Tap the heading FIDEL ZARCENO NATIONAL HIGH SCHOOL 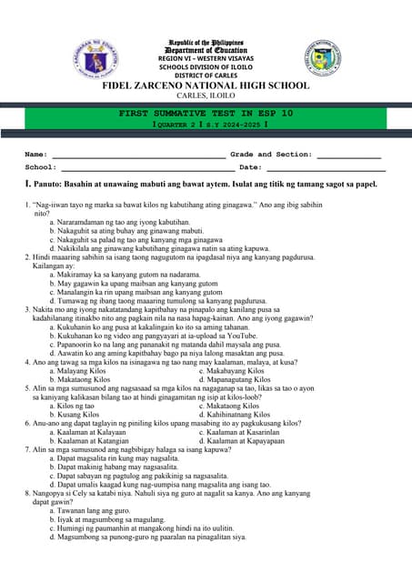[206, 85]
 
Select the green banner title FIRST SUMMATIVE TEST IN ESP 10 [206, 113]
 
